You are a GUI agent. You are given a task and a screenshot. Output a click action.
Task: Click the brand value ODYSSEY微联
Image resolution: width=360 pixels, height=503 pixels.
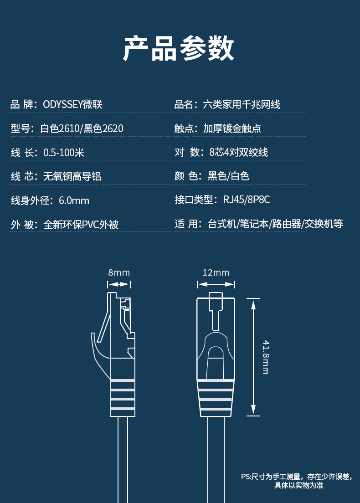(x=72, y=105)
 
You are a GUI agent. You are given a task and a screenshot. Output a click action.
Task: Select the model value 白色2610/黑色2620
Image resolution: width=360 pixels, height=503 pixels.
(x=82, y=128)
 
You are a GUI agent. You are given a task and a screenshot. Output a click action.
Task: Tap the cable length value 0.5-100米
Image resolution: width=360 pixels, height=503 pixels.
(x=63, y=152)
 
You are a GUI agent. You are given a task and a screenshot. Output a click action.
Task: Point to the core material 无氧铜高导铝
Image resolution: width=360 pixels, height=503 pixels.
(x=72, y=176)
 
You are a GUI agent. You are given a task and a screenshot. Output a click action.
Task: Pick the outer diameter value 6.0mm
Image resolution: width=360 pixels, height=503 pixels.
(x=74, y=200)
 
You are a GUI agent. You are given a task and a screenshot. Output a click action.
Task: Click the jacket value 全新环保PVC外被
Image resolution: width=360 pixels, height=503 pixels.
(x=81, y=224)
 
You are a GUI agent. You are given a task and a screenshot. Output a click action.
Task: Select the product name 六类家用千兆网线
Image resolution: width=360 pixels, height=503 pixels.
(x=241, y=105)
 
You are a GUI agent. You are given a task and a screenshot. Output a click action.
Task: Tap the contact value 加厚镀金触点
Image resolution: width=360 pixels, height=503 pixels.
(x=232, y=128)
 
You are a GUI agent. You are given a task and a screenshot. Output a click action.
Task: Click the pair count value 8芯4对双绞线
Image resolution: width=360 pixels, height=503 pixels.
(x=238, y=152)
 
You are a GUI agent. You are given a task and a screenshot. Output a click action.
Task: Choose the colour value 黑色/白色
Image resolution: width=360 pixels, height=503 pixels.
(x=228, y=176)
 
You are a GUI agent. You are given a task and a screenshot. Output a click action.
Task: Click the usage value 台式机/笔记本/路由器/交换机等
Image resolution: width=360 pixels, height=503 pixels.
(x=276, y=224)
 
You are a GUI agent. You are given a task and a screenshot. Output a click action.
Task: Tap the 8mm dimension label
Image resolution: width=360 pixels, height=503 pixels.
(x=119, y=272)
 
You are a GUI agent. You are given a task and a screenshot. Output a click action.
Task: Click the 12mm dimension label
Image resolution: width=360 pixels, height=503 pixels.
(x=216, y=272)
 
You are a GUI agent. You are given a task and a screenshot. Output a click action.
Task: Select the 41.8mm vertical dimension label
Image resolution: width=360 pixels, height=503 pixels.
(x=265, y=357)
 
